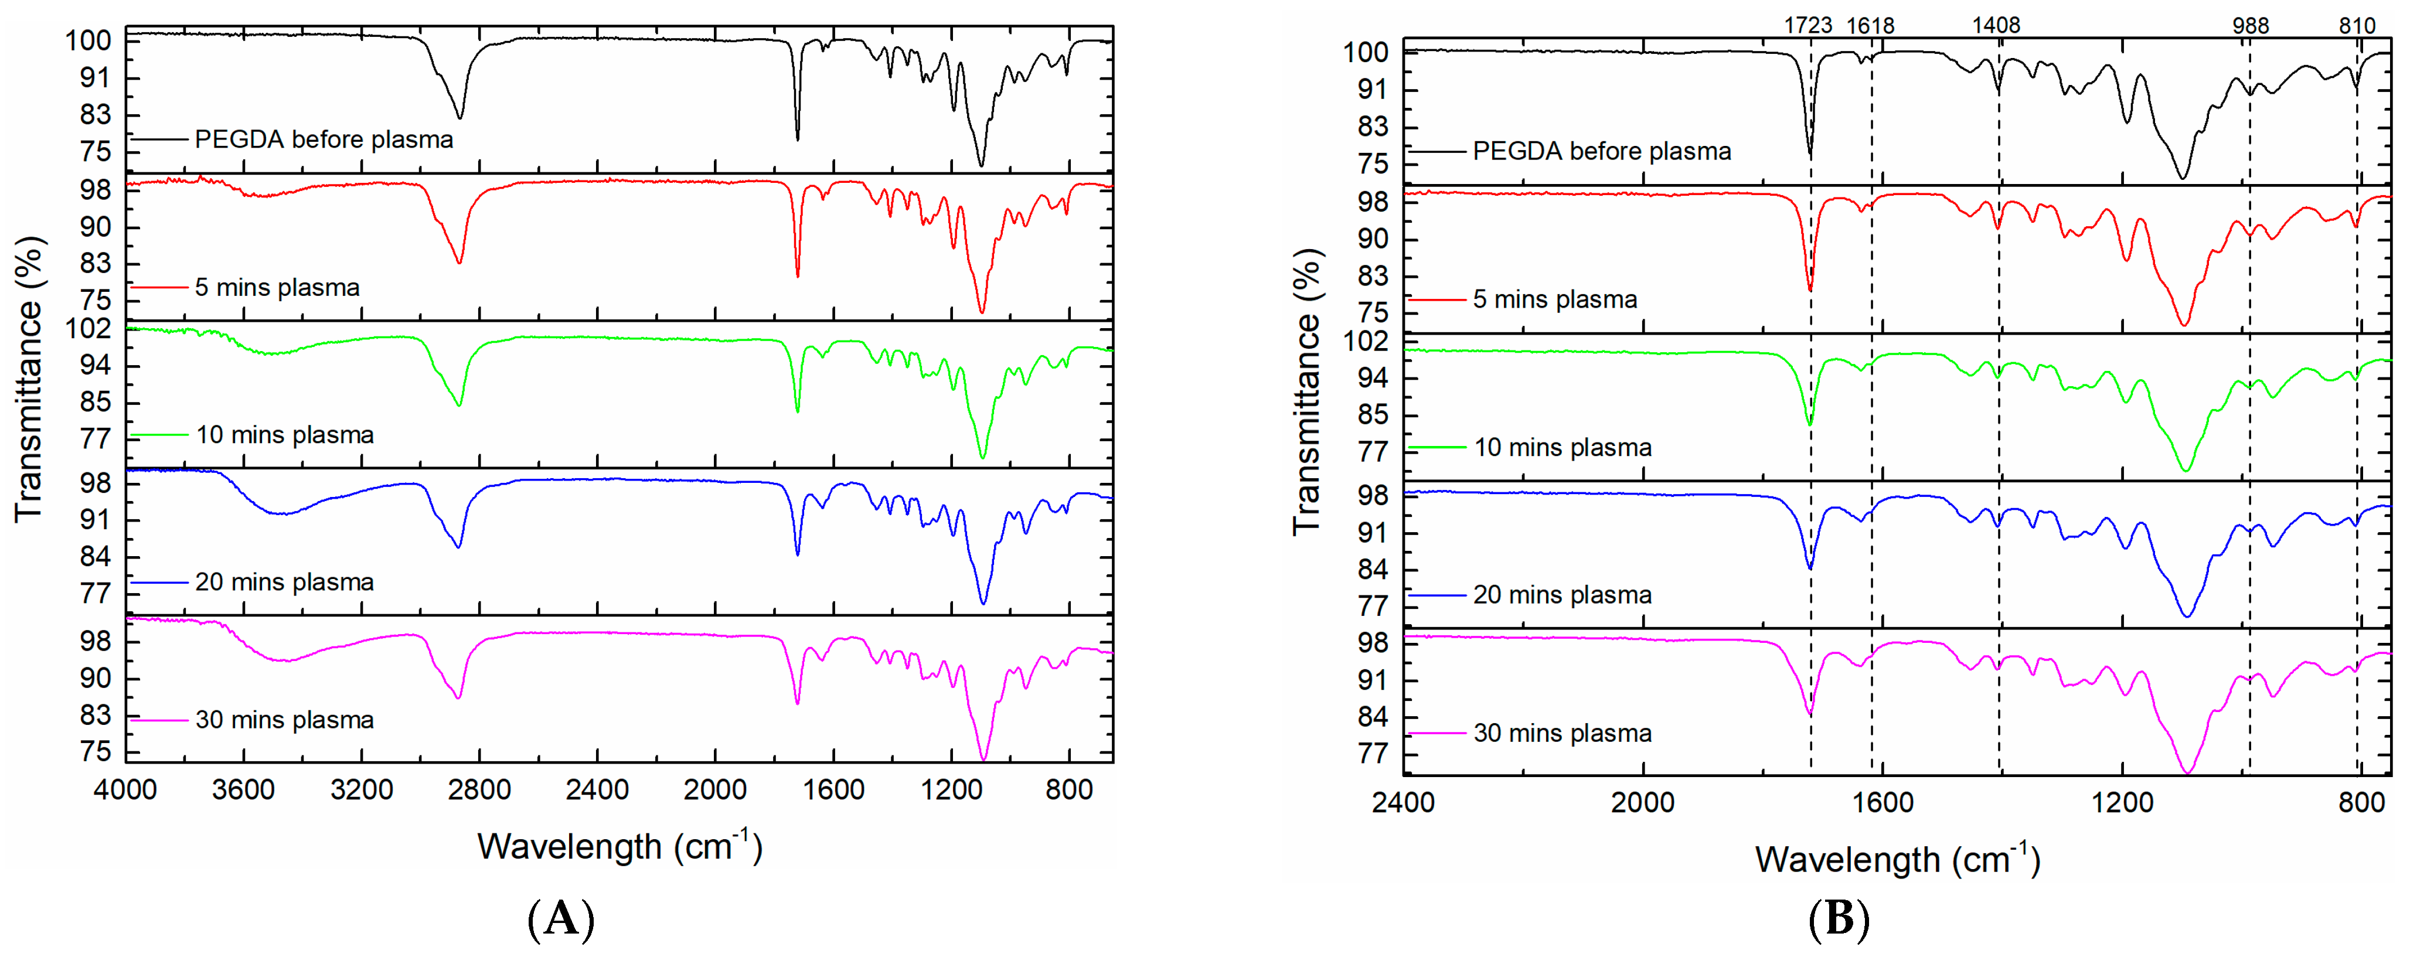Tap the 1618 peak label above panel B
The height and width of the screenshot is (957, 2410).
(1870, 25)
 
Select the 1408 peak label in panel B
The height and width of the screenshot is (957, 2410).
(1996, 25)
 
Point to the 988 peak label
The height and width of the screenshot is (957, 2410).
(2250, 25)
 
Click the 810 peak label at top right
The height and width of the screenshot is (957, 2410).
(2357, 25)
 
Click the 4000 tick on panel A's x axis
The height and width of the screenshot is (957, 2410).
(125, 791)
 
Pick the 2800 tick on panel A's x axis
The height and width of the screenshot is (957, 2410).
(479, 791)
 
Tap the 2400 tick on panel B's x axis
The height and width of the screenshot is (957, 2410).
(1403, 803)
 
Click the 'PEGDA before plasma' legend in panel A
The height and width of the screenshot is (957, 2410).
(324, 139)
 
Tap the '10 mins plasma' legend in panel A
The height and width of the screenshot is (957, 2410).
(284, 435)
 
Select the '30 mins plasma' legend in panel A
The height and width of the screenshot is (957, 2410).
(284, 720)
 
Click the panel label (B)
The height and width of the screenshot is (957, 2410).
(1839, 919)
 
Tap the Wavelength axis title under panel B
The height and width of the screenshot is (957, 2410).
(1897, 859)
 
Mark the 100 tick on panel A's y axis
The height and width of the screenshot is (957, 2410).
(88, 40)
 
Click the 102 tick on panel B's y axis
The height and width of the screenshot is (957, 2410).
(1366, 340)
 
